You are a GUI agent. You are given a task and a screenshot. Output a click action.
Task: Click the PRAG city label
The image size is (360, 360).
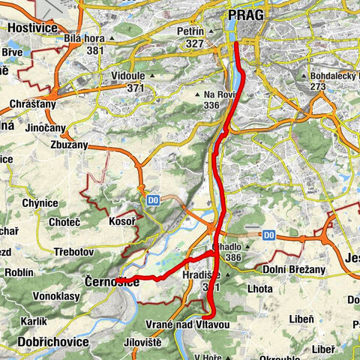click(x=246, y=14)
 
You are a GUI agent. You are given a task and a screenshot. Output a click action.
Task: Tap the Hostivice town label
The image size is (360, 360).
click(x=33, y=26)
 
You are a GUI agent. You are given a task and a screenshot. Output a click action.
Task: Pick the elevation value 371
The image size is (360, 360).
click(x=134, y=88)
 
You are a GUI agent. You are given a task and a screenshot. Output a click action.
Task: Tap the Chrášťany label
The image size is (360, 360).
click(x=30, y=106)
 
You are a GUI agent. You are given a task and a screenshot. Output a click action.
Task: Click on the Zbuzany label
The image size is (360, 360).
click(x=70, y=143)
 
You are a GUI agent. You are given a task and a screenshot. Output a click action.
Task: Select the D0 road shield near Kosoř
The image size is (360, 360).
click(x=152, y=201)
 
